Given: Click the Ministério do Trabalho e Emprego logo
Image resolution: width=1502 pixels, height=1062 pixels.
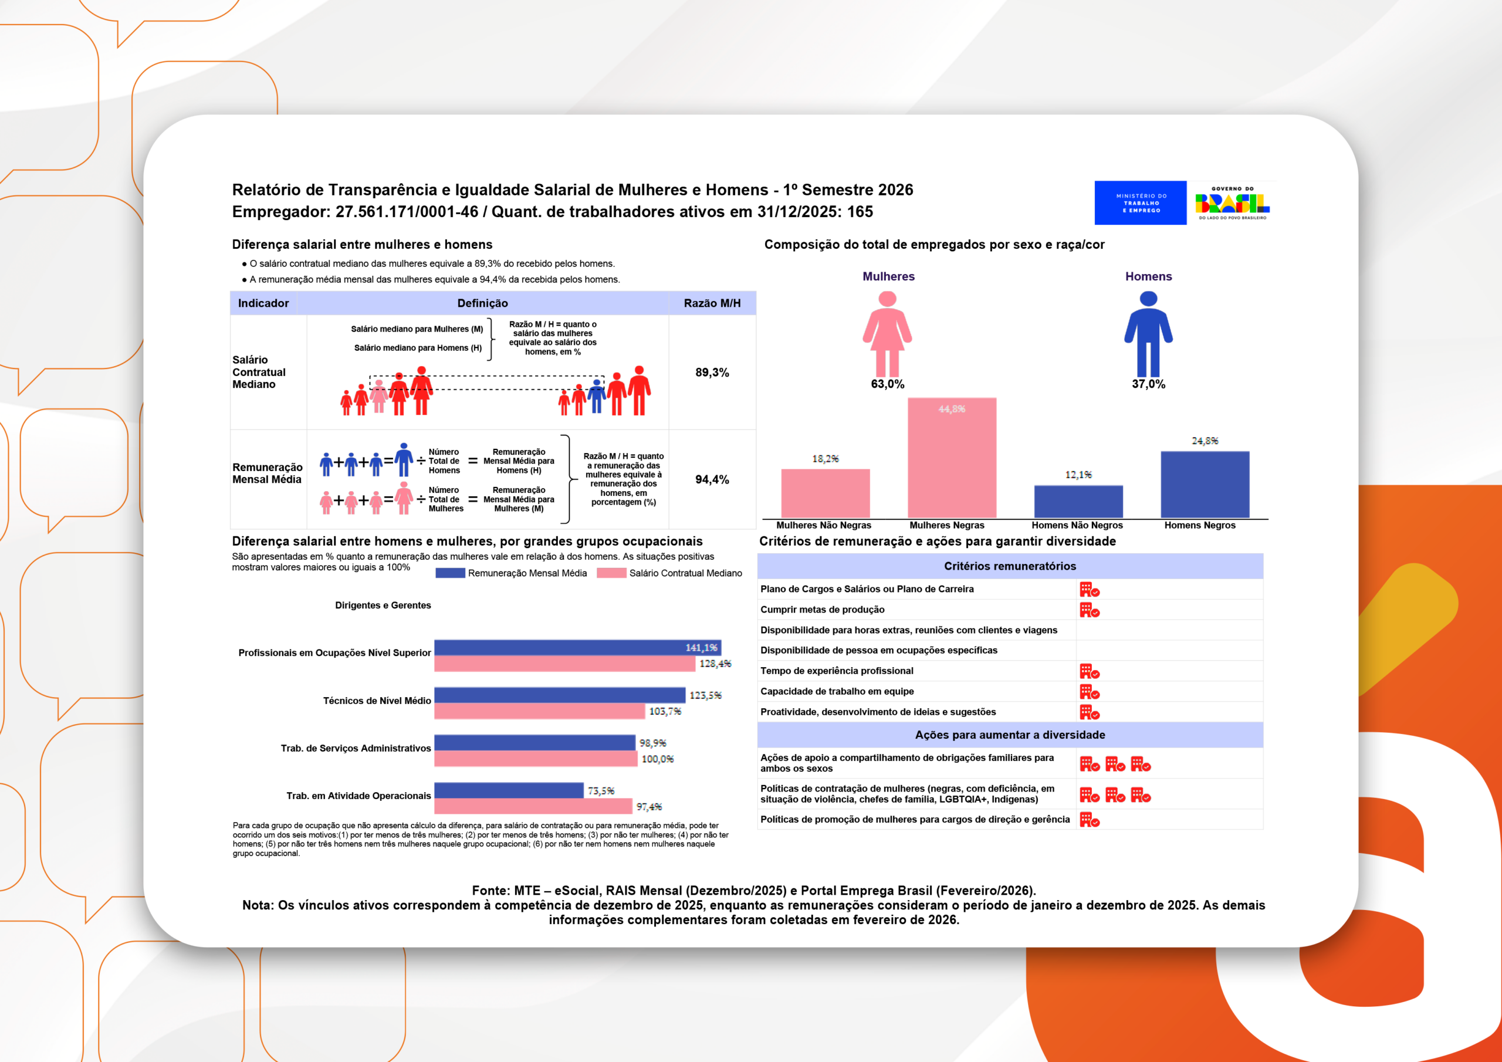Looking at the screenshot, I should point(1140,203).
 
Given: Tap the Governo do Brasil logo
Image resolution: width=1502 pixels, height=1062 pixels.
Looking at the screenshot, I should point(1232,203).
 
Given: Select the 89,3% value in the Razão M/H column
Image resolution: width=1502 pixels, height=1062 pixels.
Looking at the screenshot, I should point(712,373).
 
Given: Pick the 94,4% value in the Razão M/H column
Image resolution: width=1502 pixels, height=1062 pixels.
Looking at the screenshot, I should point(712,479).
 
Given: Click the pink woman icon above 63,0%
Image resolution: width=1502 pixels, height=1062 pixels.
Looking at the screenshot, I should point(887,333).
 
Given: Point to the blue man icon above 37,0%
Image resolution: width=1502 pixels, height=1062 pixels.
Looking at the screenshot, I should point(1148,333).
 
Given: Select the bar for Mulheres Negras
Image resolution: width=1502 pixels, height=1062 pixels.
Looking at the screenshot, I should point(952,458).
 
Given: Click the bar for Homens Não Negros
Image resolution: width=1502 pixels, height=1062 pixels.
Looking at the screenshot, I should point(1078,501).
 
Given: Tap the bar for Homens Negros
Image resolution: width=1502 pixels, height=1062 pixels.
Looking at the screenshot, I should point(1205,484).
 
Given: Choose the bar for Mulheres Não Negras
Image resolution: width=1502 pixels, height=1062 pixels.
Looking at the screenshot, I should point(825,493).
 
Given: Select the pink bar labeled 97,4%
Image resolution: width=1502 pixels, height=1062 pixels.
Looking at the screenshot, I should point(533,806).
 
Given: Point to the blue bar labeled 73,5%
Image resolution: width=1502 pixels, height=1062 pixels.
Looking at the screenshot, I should point(508,790).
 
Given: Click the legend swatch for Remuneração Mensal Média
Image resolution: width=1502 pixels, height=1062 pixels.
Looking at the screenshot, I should point(450,573).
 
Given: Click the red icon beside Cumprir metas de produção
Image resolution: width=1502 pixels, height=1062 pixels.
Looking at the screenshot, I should point(1089,610).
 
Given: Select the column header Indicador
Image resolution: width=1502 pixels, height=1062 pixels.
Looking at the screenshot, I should point(263,303).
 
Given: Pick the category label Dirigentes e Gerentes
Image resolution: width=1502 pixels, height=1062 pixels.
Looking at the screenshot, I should point(383,606).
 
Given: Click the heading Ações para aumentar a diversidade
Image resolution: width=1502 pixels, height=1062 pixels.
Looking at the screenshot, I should point(1009,735).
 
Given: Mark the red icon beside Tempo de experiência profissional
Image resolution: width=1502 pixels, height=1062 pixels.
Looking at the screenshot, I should point(1089,671).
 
